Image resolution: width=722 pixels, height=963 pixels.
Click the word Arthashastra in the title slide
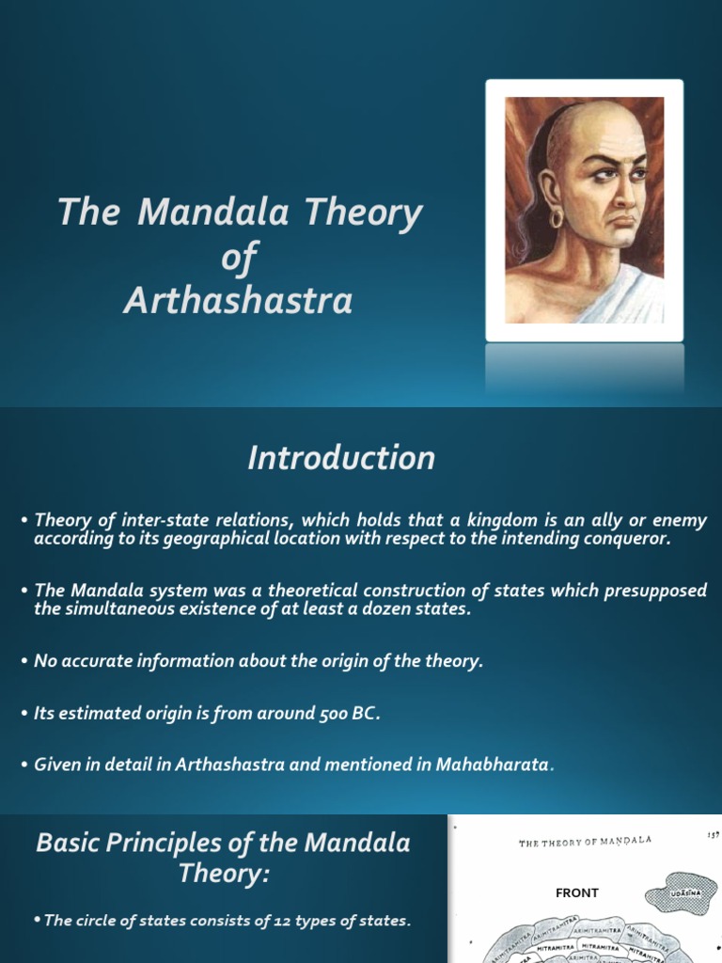(238, 301)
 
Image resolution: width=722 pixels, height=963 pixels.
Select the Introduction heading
(341, 458)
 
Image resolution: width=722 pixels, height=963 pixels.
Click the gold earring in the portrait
(556, 218)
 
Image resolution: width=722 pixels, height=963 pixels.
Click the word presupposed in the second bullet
(658, 591)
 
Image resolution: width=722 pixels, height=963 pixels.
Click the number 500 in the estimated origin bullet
(324, 713)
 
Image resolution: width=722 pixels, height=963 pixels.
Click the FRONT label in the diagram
(576, 892)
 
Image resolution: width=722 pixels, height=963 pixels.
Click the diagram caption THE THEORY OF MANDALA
(585, 843)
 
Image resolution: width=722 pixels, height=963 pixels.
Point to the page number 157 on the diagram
(712, 834)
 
